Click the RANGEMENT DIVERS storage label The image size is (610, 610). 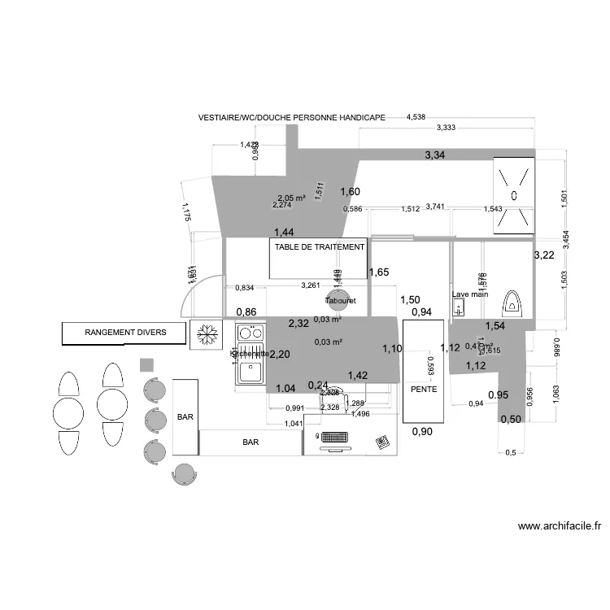pyautogui.click(x=126, y=333)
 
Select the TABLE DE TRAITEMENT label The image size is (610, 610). pyautogui.click(x=320, y=245)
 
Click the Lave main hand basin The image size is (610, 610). pyautogui.click(x=459, y=307)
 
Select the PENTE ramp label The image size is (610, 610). pyautogui.click(x=424, y=390)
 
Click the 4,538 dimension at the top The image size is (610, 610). pyautogui.click(x=416, y=117)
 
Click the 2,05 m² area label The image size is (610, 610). pyautogui.click(x=290, y=198)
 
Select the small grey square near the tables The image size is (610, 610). pyautogui.click(x=147, y=364)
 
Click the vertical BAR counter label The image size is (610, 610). pyautogui.click(x=185, y=417)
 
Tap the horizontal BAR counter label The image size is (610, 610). pyautogui.click(x=251, y=443)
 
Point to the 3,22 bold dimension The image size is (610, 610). pyautogui.click(x=543, y=255)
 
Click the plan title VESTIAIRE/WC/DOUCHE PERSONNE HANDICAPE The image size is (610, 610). pyautogui.click(x=292, y=117)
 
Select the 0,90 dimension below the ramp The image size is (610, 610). pyautogui.click(x=422, y=432)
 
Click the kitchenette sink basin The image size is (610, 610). pyautogui.click(x=251, y=370)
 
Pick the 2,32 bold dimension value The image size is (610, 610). pyautogui.click(x=298, y=323)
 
